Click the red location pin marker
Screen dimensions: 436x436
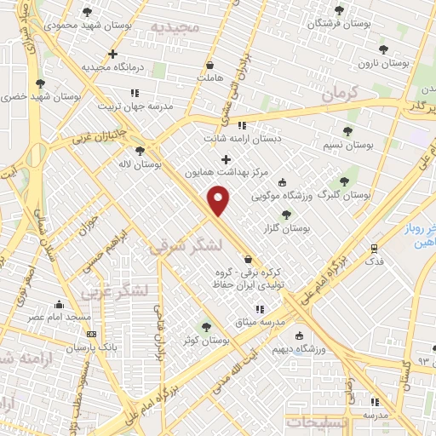[x=220, y=201]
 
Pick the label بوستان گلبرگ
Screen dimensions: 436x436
[x=345, y=195]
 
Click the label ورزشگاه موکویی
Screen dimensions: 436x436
[x=281, y=195]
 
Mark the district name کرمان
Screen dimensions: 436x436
[x=344, y=94]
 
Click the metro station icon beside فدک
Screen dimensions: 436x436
[x=374, y=248]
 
